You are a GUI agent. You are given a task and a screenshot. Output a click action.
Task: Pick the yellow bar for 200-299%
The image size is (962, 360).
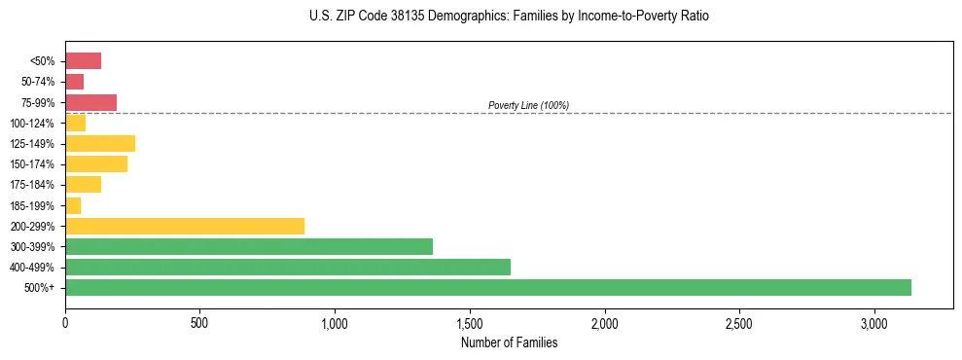tap(185, 226)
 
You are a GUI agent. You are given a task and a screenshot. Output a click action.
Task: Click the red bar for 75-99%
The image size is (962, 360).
tap(91, 102)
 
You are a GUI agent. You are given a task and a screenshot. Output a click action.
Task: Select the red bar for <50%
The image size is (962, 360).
tap(84, 61)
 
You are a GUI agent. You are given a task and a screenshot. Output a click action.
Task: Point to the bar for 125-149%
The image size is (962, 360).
tap(100, 143)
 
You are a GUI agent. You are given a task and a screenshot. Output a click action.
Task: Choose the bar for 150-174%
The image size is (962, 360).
tap(96, 163)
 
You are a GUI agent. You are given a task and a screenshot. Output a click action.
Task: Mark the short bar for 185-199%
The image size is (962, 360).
tap(73, 205)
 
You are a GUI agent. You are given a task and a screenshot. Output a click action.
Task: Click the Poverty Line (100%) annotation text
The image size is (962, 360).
tap(528, 105)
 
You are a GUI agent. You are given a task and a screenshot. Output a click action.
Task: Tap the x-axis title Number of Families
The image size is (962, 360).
tap(509, 342)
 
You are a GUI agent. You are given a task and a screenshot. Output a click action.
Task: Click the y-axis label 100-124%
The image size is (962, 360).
tap(32, 124)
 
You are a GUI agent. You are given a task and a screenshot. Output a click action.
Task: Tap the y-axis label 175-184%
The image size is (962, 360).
tap(32, 185)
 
